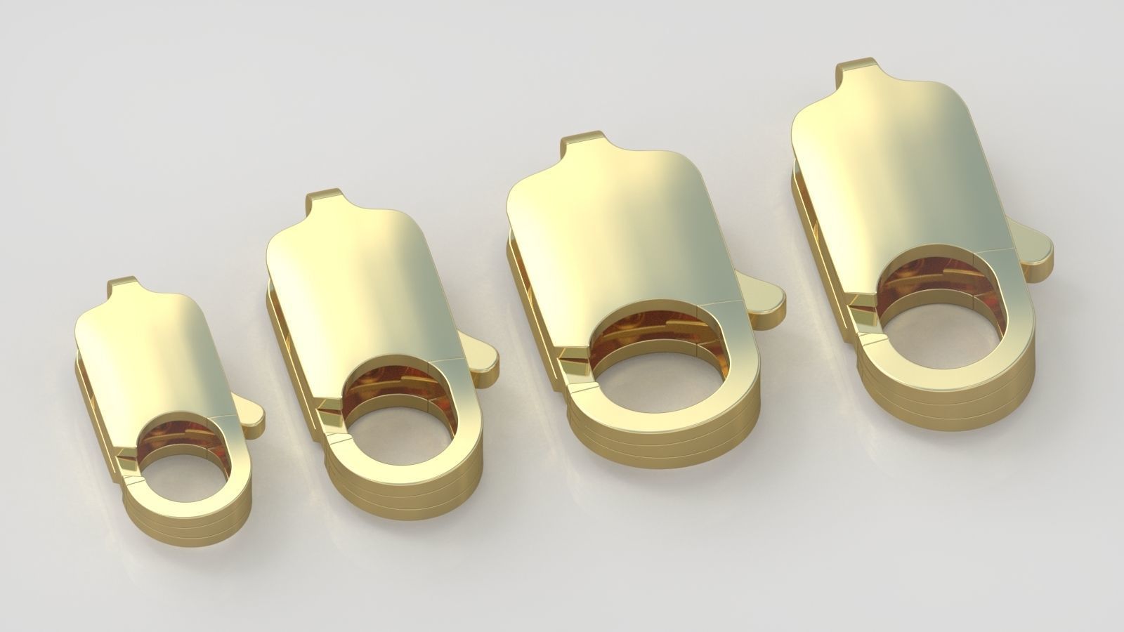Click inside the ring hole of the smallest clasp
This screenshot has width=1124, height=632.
point(184,478)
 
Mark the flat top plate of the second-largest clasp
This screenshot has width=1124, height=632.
point(611,239)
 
